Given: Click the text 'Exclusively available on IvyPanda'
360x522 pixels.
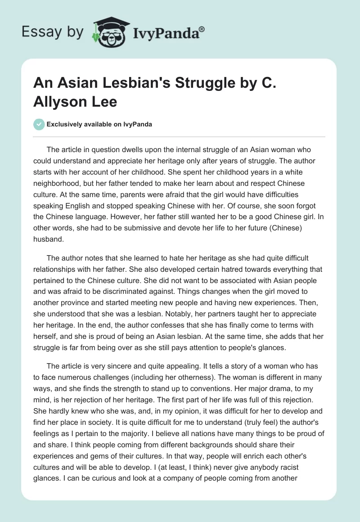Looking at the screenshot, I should [x=99, y=124].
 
